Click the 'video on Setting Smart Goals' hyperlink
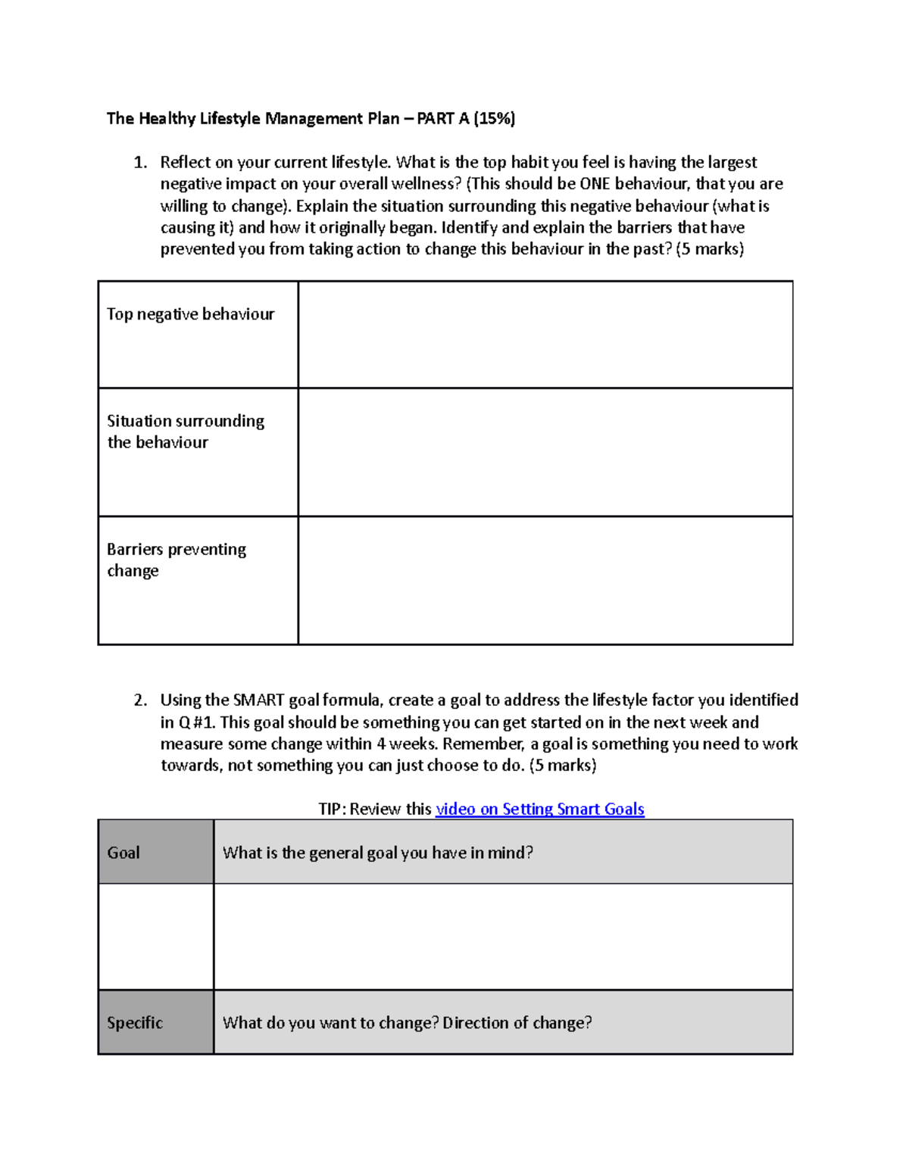coord(539,809)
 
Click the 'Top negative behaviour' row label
coord(190,314)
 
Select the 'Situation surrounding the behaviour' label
coord(186,432)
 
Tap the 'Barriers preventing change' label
coord(176,560)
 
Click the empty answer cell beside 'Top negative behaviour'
coord(545,335)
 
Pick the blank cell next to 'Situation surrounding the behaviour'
coord(545,452)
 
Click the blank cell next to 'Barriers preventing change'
coord(545,581)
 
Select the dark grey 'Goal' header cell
coord(155,852)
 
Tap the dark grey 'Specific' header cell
coord(155,1022)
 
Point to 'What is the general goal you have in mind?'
coord(378,853)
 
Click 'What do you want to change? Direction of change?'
coord(407,1022)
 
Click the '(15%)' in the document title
coord(495,118)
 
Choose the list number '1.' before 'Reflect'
coord(140,162)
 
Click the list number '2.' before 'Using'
coord(140,700)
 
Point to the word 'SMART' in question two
coord(259,700)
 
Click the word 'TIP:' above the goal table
coord(332,809)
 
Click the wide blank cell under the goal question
coord(503,937)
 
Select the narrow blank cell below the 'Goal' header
coord(155,937)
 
